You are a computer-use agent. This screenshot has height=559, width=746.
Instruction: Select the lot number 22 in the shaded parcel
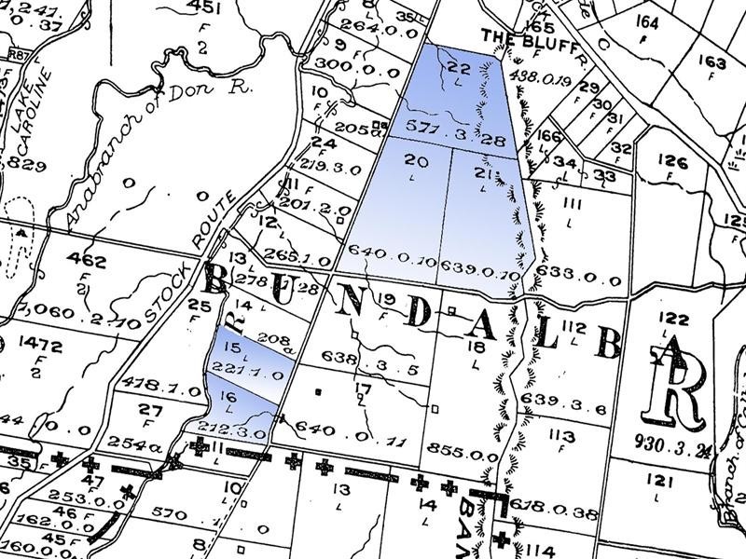point(458,66)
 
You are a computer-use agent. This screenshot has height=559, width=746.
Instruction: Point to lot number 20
point(417,161)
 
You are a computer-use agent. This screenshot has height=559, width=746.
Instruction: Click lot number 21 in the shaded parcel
point(482,173)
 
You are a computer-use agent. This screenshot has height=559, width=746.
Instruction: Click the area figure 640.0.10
point(393,262)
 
